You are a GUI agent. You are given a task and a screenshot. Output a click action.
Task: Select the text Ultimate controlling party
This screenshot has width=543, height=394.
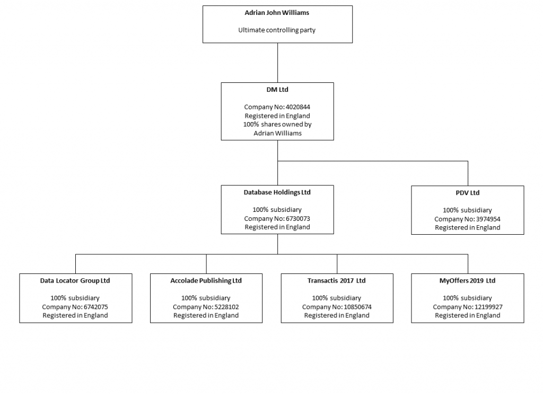click(277, 30)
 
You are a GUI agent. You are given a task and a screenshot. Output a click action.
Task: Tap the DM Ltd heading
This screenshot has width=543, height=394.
click(277, 90)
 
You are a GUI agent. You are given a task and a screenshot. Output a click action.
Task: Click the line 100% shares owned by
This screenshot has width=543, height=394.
click(277, 124)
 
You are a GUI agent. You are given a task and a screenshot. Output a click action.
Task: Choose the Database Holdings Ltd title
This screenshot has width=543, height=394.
click(277, 192)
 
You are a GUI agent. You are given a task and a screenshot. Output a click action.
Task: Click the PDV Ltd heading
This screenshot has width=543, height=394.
click(467, 193)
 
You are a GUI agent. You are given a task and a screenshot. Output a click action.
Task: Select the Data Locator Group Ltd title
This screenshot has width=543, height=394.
click(75, 280)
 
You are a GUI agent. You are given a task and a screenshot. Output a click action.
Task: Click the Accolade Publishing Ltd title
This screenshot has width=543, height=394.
click(206, 280)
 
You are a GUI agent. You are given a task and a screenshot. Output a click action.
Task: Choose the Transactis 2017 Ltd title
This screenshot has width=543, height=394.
click(337, 280)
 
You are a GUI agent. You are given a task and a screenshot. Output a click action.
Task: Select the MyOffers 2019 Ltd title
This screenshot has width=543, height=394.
click(467, 280)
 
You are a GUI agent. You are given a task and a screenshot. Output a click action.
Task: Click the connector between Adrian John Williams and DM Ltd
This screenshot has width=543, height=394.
click(277, 62)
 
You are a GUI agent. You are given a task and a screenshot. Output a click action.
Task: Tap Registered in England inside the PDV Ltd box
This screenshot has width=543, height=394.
click(467, 227)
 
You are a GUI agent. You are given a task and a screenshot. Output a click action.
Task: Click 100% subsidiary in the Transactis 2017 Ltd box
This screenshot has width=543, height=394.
click(337, 298)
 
